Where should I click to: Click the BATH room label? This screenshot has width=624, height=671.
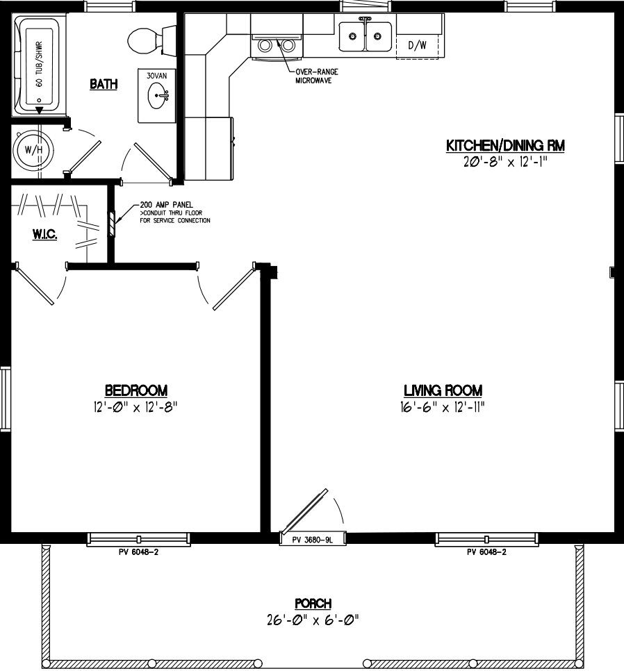point(104,84)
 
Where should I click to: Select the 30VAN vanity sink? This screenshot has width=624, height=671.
point(161,97)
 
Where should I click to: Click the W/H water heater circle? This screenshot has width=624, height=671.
point(32,149)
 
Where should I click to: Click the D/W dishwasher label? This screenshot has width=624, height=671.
point(417,46)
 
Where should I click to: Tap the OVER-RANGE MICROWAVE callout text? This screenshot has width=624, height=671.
point(312,76)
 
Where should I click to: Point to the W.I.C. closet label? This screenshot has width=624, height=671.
point(44,235)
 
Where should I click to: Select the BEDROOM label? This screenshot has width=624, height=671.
point(136,390)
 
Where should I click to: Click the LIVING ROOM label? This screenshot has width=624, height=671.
point(443,390)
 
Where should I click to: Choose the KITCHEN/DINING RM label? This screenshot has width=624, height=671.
point(504,146)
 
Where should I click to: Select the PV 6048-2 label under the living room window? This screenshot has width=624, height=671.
point(486,553)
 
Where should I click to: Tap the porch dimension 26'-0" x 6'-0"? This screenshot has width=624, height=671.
point(312,619)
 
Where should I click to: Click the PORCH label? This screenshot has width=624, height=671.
point(312,604)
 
